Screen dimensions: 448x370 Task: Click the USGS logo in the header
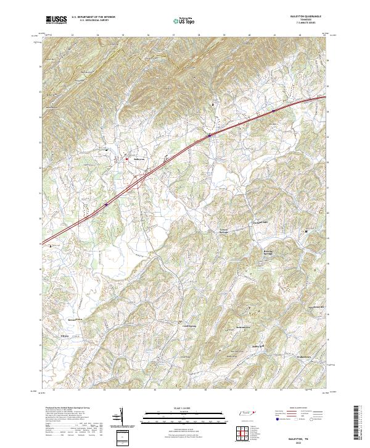(x=56, y=20)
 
